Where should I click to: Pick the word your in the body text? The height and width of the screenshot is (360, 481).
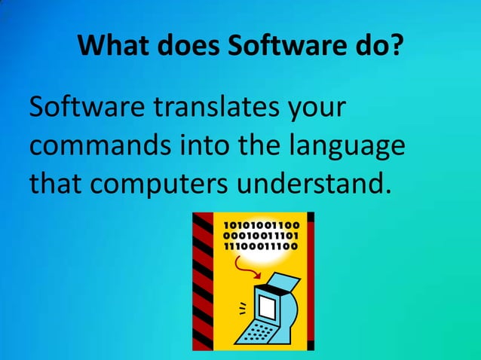coord(314,109)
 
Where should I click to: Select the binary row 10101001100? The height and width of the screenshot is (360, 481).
coord(260,225)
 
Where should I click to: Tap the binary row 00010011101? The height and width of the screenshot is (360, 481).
coord(260,236)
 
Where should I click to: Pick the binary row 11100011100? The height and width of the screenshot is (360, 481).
coord(260,246)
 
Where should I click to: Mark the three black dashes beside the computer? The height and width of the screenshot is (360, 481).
coord(242,307)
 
